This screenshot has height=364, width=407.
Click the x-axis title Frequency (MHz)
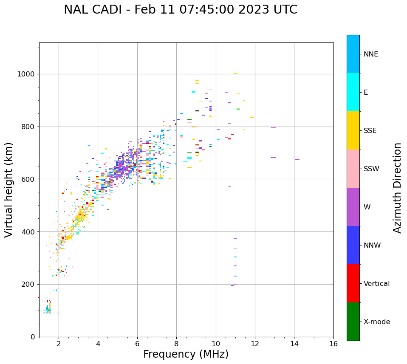click(x=186, y=354)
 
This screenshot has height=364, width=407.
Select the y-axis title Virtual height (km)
click(x=9, y=190)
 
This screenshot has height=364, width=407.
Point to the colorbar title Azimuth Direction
click(x=397, y=188)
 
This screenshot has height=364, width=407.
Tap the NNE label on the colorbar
click(x=370, y=54)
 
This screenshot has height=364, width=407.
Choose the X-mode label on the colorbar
click(x=376, y=322)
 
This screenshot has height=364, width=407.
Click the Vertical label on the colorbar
click(x=376, y=284)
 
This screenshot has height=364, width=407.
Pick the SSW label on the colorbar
click(x=371, y=169)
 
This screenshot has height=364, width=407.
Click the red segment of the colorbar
click(x=353, y=283)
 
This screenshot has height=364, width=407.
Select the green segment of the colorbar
click(x=353, y=322)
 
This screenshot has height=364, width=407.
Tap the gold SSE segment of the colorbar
click(x=353, y=130)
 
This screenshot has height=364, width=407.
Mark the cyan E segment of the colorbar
click(x=353, y=92)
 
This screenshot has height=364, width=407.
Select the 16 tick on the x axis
click(x=334, y=344)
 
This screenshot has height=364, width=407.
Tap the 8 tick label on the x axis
click(x=176, y=344)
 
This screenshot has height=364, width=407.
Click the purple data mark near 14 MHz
click(x=297, y=159)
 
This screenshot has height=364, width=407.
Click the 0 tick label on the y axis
click(x=33, y=337)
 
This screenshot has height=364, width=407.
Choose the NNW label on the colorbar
click(x=372, y=245)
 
